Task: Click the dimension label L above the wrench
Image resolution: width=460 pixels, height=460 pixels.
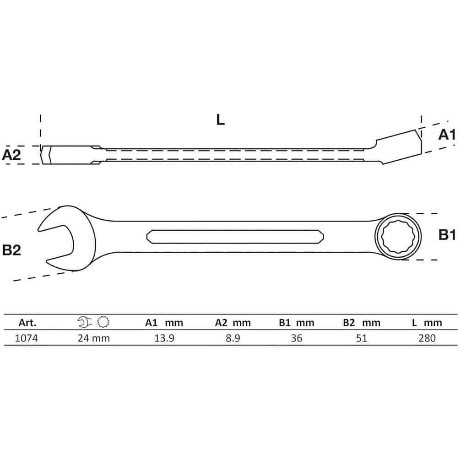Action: (x=220, y=120)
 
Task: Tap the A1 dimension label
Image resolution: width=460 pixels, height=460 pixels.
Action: (x=447, y=135)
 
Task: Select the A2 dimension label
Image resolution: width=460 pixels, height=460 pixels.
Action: (x=11, y=155)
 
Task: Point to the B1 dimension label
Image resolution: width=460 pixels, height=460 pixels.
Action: (x=447, y=235)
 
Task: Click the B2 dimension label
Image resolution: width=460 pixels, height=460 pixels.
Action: (x=11, y=250)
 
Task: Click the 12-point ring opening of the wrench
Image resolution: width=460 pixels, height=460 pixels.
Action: (x=398, y=237)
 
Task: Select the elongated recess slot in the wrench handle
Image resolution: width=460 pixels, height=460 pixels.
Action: (x=235, y=237)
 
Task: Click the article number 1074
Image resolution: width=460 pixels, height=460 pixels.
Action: (x=27, y=338)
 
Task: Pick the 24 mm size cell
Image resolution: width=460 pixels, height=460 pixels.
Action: (x=94, y=338)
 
